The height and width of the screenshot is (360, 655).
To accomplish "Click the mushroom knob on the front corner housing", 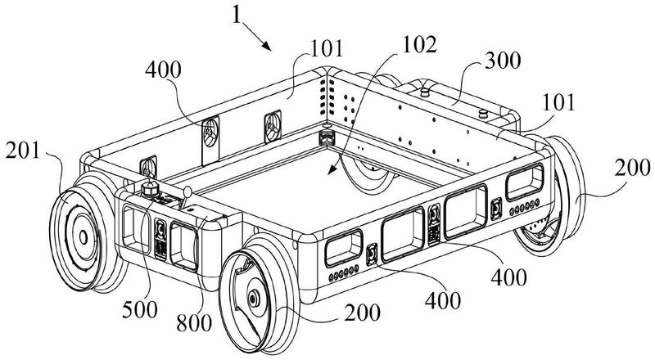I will (x=151, y=190).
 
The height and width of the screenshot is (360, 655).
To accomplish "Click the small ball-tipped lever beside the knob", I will (x=186, y=193).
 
